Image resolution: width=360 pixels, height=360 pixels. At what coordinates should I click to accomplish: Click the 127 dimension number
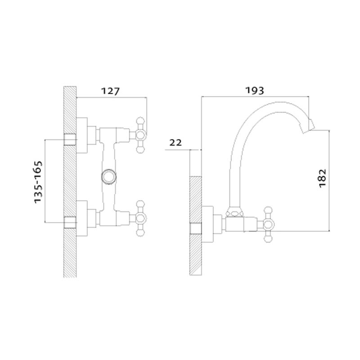tap(110, 91)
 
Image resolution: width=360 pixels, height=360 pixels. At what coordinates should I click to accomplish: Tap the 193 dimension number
tap(255, 90)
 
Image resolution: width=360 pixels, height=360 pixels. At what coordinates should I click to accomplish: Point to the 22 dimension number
tap(175, 143)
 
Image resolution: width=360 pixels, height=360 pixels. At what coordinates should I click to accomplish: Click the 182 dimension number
tap(323, 178)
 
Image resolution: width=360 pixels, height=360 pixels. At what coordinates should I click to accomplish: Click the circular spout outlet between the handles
tap(109, 176)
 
